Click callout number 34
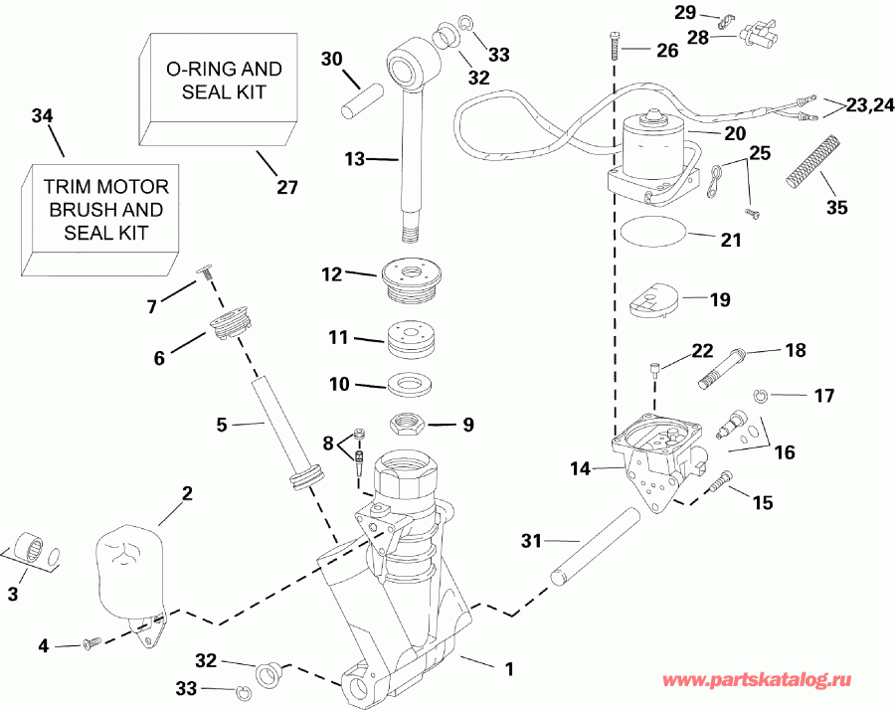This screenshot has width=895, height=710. click(41, 116)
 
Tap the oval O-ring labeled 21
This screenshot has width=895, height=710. click(652, 233)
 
